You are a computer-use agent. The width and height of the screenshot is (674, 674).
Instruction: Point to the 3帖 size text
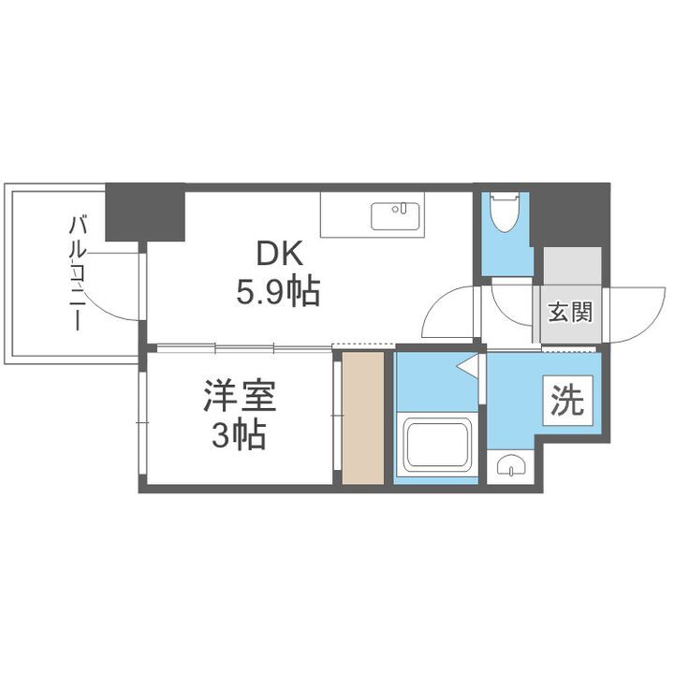238,436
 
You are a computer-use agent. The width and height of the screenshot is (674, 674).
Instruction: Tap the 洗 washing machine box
566,401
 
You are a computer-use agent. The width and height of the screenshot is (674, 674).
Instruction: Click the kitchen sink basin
397,215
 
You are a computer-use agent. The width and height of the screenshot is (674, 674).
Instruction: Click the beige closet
363,418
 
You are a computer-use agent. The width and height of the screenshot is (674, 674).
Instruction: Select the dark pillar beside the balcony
144,213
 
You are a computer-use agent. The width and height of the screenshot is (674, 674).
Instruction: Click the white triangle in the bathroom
467,366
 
